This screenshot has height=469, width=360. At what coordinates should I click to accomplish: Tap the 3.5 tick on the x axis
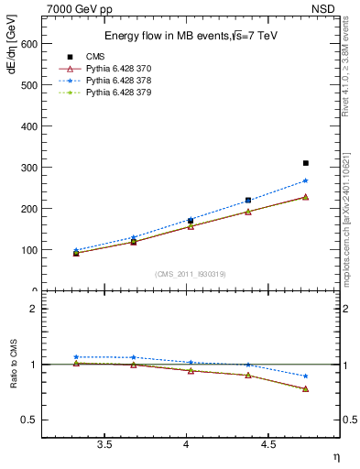[x=104, y=445]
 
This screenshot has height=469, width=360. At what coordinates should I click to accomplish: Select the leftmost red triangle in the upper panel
[x=76, y=253]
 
